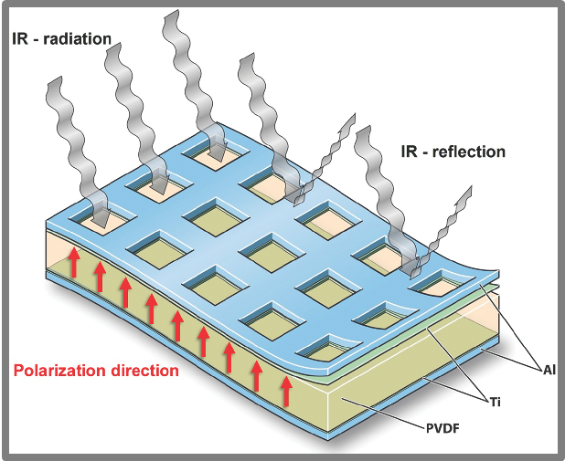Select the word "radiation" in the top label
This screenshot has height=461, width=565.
coord(78,39)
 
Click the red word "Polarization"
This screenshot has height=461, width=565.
coord(61,372)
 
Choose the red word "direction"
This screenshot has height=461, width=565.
coord(145,372)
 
